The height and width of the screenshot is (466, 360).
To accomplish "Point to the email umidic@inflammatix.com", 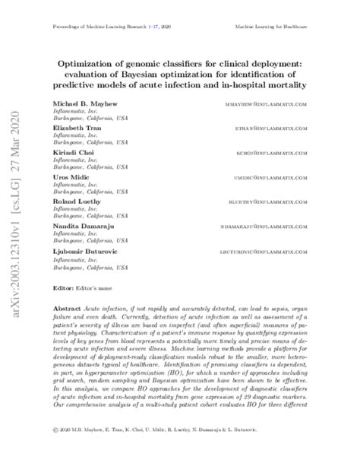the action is (276, 177).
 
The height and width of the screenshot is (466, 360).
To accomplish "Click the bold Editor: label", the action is (62, 289).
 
